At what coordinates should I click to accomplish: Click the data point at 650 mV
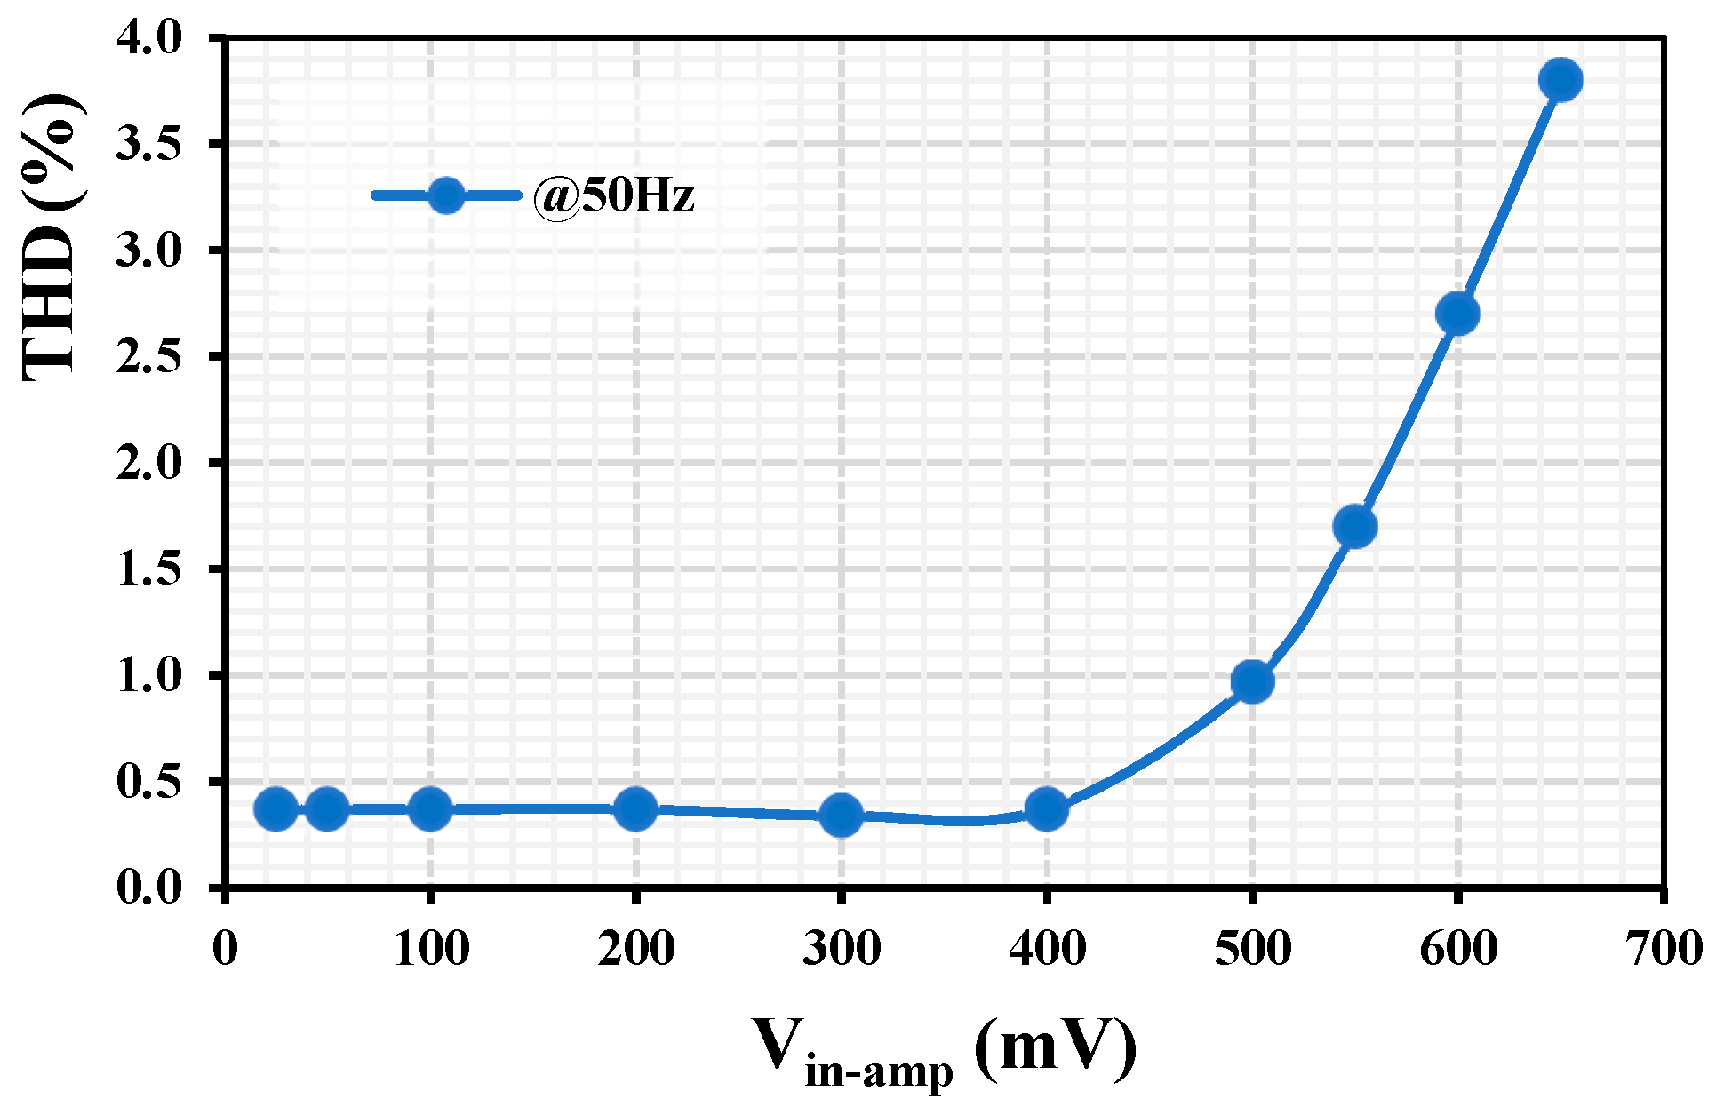coord(1560,80)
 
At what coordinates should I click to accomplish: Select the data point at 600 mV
coord(1457,314)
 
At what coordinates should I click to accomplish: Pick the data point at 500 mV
coord(1252,681)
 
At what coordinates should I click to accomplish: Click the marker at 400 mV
coord(1047,808)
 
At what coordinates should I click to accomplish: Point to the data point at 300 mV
coord(841,815)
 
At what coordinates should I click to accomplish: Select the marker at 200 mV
coord(635,808)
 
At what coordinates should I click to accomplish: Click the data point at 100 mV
coord(430,808)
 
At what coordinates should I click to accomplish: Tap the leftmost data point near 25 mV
coord(275,808)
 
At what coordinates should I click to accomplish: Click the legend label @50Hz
coord(613,195)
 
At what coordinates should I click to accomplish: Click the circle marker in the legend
coord(445,195)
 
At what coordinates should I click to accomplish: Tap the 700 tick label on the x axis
coord(1663,949)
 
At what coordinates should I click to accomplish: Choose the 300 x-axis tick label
coord(841,949)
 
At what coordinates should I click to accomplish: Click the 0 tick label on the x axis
coord(226,949)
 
